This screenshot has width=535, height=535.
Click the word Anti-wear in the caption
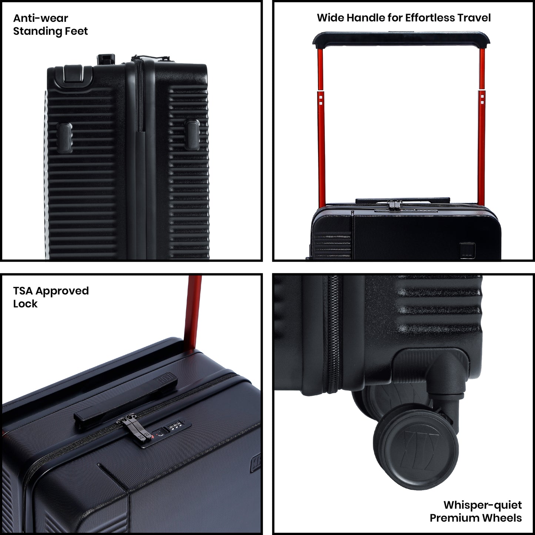click(x=40, y=18)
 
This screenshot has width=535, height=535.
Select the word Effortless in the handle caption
click(x=428, y=18)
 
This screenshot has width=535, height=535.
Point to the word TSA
click(x=23, y=291)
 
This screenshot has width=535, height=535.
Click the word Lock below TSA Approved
click(x=25, y=304)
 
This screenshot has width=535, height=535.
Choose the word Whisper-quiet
click(x=482, y=505)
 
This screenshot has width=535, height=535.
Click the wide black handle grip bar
click(x=401, y=39)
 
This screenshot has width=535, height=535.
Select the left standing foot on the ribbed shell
click(x=65, y=138)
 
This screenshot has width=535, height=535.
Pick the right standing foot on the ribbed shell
click(x=193, y=134)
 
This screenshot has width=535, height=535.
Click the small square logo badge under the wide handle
click(x=467, y=250)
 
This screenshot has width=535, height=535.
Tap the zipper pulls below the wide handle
click(x=395, y=204)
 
